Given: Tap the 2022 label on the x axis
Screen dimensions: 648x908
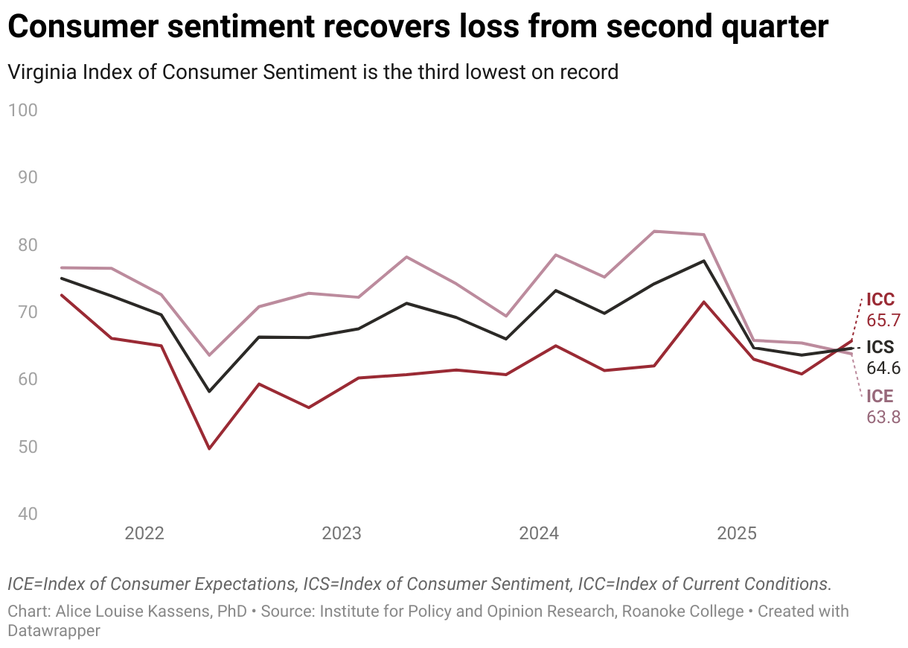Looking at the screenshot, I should coord(144,533).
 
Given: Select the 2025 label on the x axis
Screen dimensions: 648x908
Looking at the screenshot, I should coord(736,533).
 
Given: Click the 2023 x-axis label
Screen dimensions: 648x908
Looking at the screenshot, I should coord(342,533).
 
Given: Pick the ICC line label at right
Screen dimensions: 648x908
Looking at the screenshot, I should coord(880,300).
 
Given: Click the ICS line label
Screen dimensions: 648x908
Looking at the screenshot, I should coord(880,348).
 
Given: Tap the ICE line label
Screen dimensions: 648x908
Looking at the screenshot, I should coord(880,396).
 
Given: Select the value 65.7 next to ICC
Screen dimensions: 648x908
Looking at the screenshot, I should coord(883,320).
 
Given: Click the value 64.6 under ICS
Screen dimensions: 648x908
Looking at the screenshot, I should coord(883,368).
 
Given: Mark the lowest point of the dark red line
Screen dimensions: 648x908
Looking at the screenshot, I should coord(209,448).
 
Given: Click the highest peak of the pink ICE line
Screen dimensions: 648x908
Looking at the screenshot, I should coord(654,231).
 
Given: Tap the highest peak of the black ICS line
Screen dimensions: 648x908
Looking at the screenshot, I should coord(703,261).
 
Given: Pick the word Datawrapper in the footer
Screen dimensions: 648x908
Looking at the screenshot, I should coord(54,630).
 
